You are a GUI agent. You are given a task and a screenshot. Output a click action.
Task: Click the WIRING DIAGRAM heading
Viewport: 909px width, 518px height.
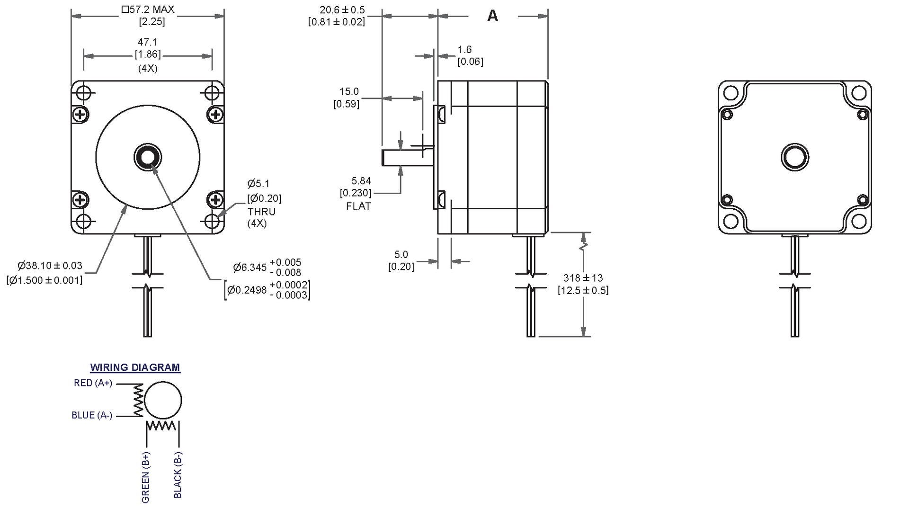coord(135,367)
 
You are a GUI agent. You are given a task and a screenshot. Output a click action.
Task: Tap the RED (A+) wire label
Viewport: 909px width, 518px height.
coord(93,383)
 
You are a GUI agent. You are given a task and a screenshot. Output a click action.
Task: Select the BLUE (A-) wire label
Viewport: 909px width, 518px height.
coord(92,415)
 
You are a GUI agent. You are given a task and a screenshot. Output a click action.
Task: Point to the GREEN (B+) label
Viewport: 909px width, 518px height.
coord(145,477)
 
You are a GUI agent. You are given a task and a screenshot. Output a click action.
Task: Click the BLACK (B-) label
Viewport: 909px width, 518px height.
coord(178,475)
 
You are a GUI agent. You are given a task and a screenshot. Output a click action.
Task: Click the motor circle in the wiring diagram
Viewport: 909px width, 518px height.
coord(163,401)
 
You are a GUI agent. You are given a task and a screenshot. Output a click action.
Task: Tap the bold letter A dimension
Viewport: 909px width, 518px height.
coord(492,16)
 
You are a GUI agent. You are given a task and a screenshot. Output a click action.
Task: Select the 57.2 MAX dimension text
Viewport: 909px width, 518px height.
coord(148,9)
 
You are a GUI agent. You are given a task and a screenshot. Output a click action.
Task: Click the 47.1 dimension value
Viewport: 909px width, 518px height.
coord(147,43)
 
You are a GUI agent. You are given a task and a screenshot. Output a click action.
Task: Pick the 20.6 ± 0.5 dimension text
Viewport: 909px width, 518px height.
coord(342,10)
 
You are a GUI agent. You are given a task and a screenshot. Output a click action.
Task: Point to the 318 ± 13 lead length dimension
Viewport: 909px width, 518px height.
coord(583,278)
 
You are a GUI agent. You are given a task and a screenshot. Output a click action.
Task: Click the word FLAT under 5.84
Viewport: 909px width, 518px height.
coord(358,206)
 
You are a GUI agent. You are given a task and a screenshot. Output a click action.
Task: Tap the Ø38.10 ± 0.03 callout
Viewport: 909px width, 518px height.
coord(50,266)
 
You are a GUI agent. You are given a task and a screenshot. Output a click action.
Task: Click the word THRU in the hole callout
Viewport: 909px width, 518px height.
coord(261,212)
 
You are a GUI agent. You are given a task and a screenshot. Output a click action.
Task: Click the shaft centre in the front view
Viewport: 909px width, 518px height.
coord(148,157)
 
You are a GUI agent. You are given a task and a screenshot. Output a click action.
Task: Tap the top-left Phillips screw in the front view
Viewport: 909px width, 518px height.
coord(80,114)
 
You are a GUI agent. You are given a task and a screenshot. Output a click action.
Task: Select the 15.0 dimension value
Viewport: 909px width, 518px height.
coord(349,91)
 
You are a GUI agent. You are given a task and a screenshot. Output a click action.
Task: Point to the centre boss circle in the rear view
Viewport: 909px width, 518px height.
coord(794,157)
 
